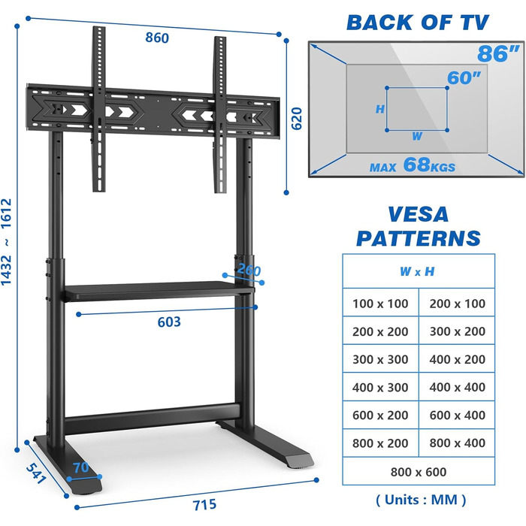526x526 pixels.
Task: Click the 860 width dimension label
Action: coord(157,38)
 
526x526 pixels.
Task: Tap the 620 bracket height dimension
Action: coord(297,119)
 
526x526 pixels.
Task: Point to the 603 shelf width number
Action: coord(169,322)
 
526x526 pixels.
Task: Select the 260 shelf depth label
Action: coord(249,270)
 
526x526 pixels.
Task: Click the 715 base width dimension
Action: coord(204,505)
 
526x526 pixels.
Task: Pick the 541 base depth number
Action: coord(36,473)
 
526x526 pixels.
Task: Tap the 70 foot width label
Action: coord(81,467)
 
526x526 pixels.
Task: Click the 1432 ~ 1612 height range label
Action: coord(6,242)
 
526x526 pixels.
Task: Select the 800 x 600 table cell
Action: coord(419,472)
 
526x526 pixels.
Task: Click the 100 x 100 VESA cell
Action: coord(380,304)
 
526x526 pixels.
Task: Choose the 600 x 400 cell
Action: coord(457,415)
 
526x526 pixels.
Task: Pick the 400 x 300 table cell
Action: coord(380,388)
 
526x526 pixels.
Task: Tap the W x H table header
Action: coord(417,271)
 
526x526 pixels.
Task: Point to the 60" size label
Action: coord(464,78)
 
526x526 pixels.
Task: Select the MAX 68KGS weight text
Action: coord(413,165)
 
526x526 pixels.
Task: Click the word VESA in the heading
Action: coord(418,214)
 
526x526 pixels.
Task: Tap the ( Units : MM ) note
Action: coord(421,500)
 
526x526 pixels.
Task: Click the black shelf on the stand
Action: coord(159,291)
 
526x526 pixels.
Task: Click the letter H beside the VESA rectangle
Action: coord(379,109)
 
